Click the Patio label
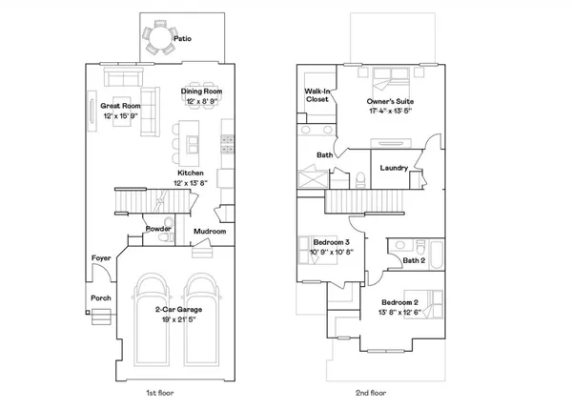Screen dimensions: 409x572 (x=183, y=39)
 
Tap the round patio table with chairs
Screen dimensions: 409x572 (x=156, y=40)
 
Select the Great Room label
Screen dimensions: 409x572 (x=121, y=106)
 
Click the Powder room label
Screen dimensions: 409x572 (x=158, y=229)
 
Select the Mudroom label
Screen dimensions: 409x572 (x=210, y=232)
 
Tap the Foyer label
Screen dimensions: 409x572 (x=100, y=258)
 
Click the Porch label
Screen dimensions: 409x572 (x=100, y=298)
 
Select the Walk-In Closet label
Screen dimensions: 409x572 (x=317, y=95)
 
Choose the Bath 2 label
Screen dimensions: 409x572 (x=413, y=259)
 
